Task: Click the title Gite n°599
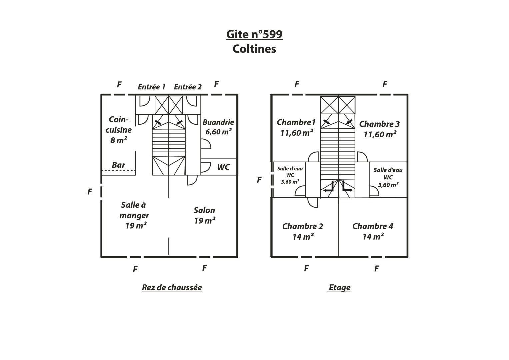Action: [x=254, y=35]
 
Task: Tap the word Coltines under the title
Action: [x=254, y=49]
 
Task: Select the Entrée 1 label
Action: [x=152, y=87]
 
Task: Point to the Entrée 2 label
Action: [x=188, y=87]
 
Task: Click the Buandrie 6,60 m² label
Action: [x=218, y=127]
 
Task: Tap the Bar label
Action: [x=118, y=165]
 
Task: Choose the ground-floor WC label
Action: [x=223, y=167]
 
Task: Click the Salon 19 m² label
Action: [x=205, y=215]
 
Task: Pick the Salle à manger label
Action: [x=134, y=215]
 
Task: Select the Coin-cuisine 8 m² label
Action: [x=118, y=130]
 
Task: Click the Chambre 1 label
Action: [x=296, y=127]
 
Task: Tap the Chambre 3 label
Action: [x=379, y=129]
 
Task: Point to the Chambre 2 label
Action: [x=303, y=231]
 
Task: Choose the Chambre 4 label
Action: [x=373, y=231]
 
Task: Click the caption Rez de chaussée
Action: [x=172, y=288]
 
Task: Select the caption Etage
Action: [x=339, y=288]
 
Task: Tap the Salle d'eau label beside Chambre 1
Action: [x=290, y=175]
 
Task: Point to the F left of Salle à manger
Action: [x=90, y=192]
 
